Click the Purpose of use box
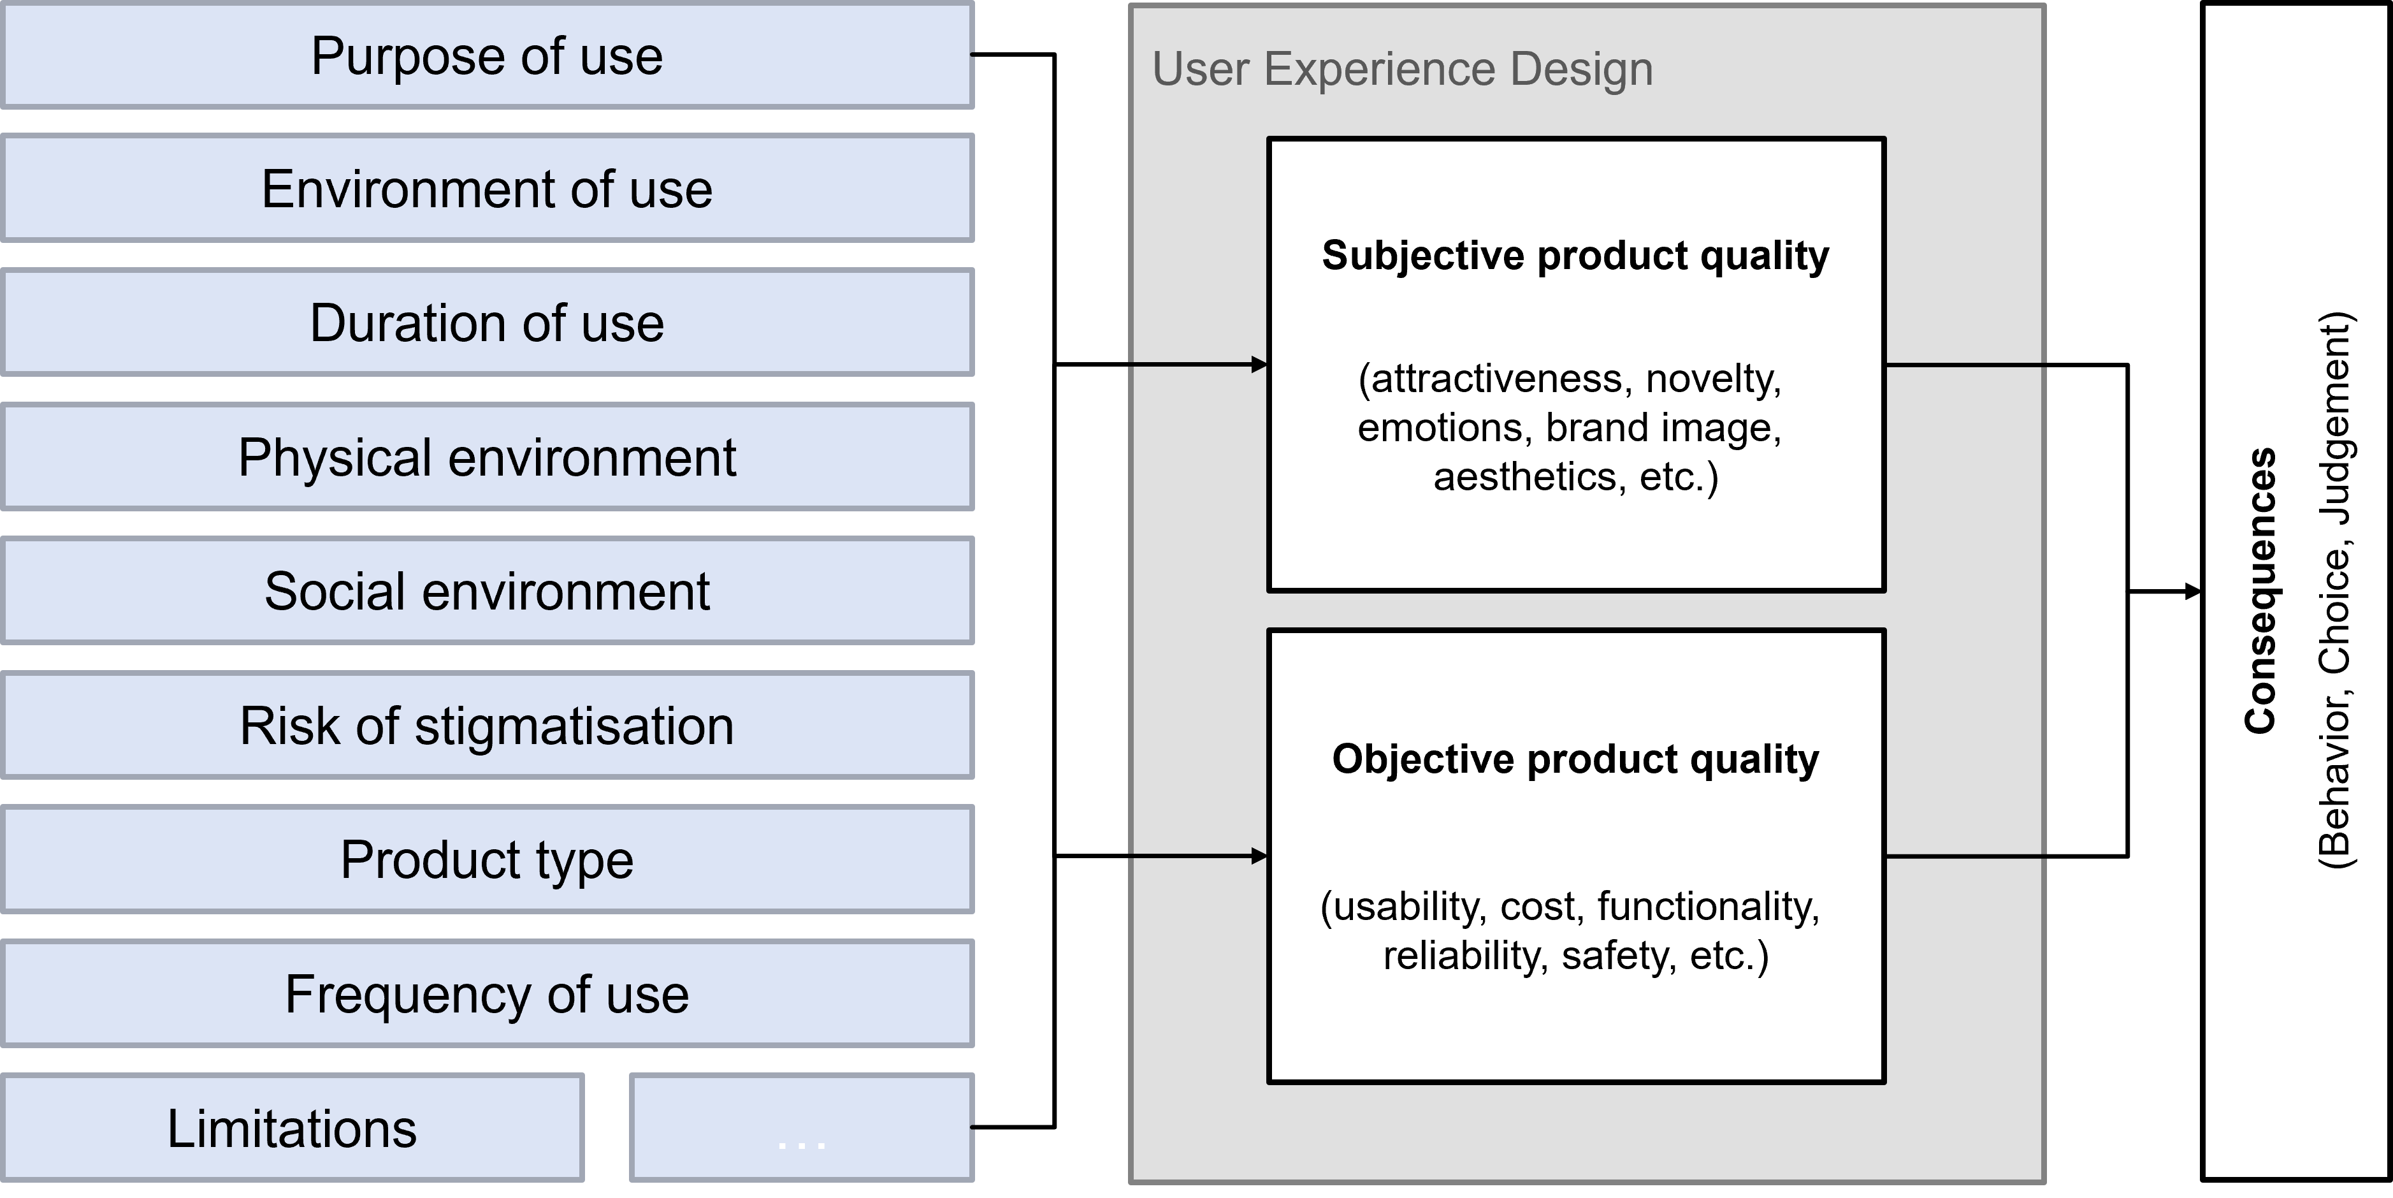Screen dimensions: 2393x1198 point(487,55)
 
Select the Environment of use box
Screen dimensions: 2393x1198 point(487,189)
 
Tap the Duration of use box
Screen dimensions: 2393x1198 point(487,323)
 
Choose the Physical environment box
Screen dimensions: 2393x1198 point(487,457)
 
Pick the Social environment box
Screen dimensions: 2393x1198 point(487,591)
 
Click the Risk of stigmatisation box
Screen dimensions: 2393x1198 point(487,725)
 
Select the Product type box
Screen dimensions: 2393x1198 point(487,859)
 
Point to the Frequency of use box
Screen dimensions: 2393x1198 point(487,993)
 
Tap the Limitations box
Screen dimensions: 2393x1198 point(292,1127)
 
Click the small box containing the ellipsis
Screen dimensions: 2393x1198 point(802,1127)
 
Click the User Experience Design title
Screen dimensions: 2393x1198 point(1403,69)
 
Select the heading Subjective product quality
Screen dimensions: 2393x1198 point(1575,256)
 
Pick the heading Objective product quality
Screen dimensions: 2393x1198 point(1575,759)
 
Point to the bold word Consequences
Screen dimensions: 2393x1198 point(2260,591)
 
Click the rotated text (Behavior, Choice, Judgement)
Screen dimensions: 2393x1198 point(2334,591)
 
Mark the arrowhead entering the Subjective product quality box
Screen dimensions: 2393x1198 point(1260,364)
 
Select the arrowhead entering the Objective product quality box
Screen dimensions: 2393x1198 point(1260,856)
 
